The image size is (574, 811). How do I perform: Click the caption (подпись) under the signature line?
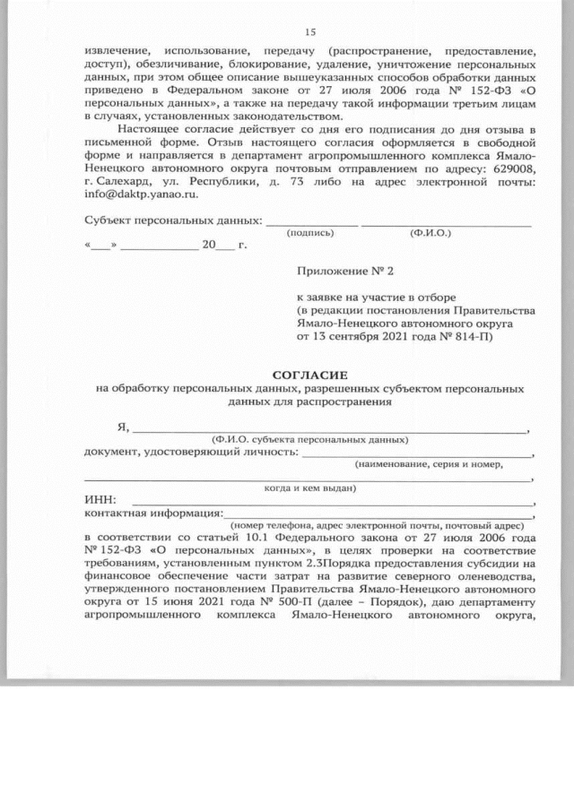[x=310, y=233]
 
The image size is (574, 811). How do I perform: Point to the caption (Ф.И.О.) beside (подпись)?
[x=430, y=233]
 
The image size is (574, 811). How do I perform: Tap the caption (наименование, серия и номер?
[x=429, y=464]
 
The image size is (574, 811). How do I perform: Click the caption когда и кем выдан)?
[x=310, y=487]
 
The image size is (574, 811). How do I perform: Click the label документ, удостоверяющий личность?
[x=191, y=452]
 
